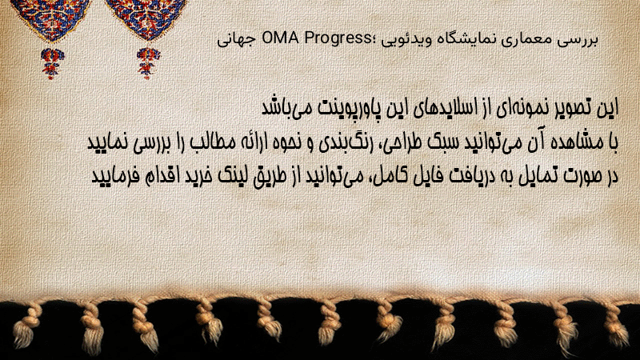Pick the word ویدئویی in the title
tap(399, 40)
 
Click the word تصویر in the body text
tap(577, 108)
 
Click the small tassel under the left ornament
tap(52, 63)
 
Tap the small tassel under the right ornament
tap(148, 63)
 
